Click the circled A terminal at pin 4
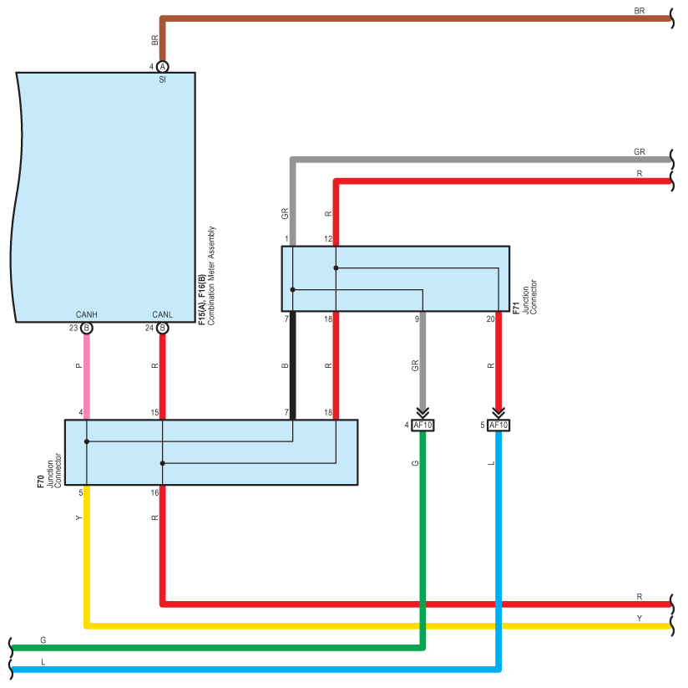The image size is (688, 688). click(162, 67)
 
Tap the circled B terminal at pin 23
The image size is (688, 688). click(87, 328)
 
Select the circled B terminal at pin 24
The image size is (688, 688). click(162, 328)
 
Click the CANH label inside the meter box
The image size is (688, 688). click(87, 314)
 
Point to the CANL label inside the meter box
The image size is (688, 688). click(162, 314)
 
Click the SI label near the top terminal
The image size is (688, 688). click(162, 79)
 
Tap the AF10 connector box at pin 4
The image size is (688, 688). click(422, 426)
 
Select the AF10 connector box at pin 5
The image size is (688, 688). click(498, 426)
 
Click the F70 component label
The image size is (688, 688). click(41, 482)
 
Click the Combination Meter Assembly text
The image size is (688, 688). click(211, 276)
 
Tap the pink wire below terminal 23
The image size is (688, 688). click(87, 376)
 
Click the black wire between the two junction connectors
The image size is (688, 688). click(293, 365)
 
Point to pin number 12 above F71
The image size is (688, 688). click(328, 239)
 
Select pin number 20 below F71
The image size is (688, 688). click(491, 319)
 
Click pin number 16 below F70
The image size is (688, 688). click(154, 493)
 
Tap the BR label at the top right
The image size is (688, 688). click(640, 11)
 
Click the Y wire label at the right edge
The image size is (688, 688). click(640, 618)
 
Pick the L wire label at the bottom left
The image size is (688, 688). click(43, 661)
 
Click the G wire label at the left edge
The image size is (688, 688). click(43, 640)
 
